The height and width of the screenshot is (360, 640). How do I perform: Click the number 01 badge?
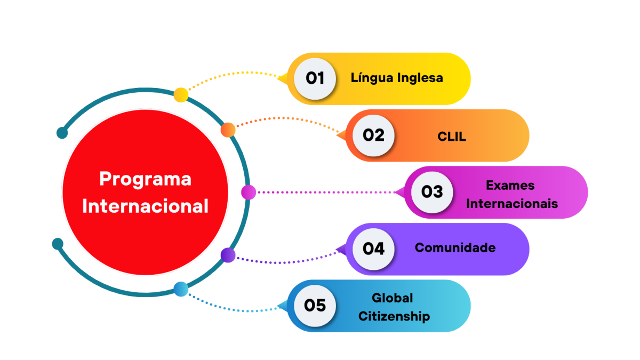[315, 78]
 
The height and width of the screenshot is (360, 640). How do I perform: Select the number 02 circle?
[373, 135]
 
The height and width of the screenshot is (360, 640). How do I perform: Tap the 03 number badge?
[432, 192]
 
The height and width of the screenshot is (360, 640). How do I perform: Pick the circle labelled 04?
[373, 249]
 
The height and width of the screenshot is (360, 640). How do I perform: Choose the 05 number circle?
[315, 306]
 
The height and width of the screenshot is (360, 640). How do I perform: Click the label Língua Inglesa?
[397, 78]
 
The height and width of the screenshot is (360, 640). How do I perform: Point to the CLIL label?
[452, 137]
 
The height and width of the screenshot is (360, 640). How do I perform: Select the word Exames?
[510, 186]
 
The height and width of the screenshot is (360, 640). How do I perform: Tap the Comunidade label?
[455, 247]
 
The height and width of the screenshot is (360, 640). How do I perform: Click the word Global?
[393, 298]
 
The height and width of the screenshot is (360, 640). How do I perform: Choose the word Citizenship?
[394, 316]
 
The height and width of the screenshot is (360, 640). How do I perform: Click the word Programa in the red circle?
[145, 179]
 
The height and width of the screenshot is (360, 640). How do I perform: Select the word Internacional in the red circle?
[145, 206]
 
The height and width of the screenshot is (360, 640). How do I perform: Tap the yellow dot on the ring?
[181, 95]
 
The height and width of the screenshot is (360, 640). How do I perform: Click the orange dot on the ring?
[228, 130]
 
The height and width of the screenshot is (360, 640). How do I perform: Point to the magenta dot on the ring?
[249, 192]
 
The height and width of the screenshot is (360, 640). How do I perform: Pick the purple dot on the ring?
[228, 255]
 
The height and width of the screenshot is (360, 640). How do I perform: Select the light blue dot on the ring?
[181, 289]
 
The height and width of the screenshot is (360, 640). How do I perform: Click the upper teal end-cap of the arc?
[62, 133]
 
